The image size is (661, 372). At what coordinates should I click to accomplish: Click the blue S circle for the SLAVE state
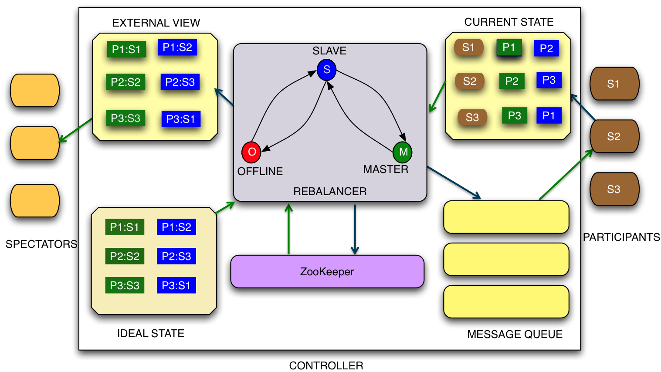click(x=326, y=70)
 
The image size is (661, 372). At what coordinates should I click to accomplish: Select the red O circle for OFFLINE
click(x=251, y=152)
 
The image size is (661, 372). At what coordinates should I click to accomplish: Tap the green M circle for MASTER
click(x=403, y=152)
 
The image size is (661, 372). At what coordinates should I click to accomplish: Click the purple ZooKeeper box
click(x=327, y=272)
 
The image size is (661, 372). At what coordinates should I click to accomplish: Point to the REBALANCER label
click(x=330, y=191)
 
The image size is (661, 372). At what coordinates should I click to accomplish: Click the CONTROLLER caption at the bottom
click(x=326, y=366)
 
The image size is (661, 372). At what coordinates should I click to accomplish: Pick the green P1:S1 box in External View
click(x=126, y=49)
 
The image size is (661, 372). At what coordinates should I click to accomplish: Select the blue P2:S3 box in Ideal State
click(x=176, y=256)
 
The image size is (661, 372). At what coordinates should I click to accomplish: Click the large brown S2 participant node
click(x=614, y=136)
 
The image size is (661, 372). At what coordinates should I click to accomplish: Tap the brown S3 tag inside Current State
click(x=472, y=117)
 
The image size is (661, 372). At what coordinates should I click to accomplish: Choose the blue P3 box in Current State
click(x=549, y=80)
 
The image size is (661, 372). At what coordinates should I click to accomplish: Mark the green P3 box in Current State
click(x=515, y=115)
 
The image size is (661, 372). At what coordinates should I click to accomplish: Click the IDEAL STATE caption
click(x=151, y=334)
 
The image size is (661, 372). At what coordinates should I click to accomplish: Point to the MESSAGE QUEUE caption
click(x=515, y=335)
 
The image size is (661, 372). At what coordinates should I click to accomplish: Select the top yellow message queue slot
click(x=506, y=217)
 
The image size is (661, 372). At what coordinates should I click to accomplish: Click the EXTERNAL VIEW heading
click(x=156, y=23)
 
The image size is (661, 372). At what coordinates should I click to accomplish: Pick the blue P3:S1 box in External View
click(x=181, y=119)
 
